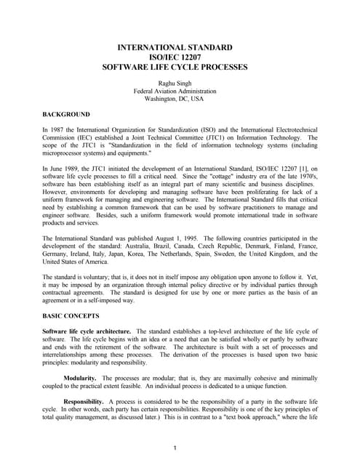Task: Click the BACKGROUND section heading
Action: (66, 114)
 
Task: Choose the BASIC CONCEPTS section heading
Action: (72, 318)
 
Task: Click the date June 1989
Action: (65, 169)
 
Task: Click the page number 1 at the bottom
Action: (175, 447)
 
